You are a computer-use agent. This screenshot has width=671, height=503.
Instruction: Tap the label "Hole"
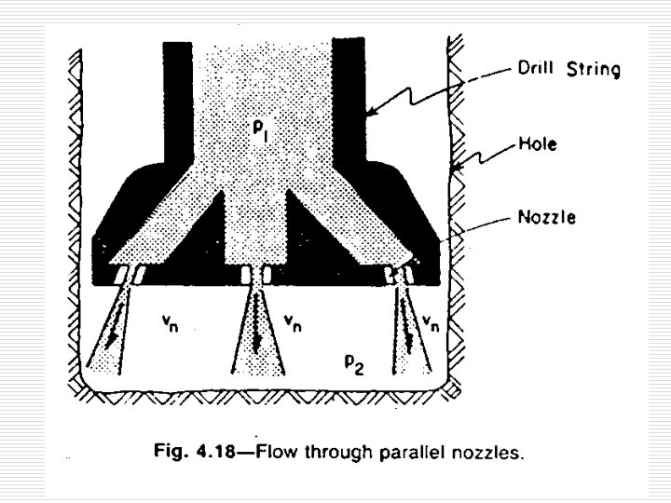tap(538, 146)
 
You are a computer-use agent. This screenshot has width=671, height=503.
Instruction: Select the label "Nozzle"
tap(547, 217)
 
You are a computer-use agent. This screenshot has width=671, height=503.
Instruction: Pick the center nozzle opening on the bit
tap(255, 275)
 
